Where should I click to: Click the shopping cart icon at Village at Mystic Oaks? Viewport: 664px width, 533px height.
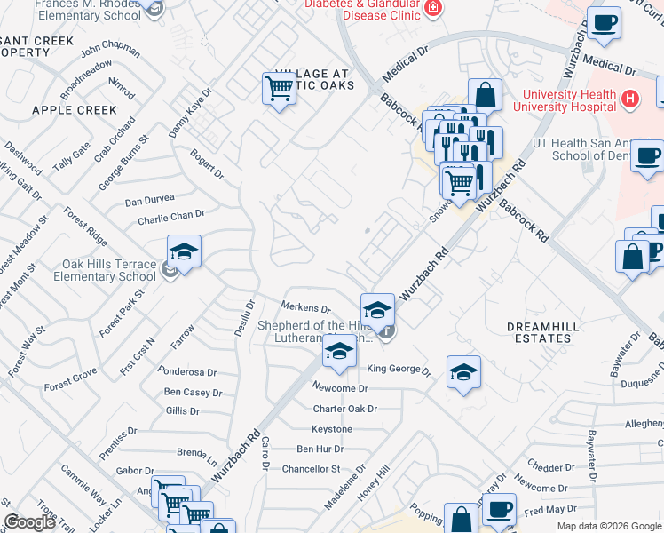click(x=279, y=89)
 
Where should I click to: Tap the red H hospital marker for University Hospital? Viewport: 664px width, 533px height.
click(x=630, y=98)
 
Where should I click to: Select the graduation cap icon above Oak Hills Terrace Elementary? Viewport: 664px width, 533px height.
click(x=184, y=251)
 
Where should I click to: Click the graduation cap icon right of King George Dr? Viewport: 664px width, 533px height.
click(x=462, y=372)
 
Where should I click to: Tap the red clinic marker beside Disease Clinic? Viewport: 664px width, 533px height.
click(x=432, y=9)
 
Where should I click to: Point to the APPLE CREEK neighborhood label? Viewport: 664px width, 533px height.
click(x=74, y=110)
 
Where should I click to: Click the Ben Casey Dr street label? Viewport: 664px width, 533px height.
click(x=193, y=393)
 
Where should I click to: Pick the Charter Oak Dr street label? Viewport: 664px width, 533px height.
click(x=345, y=409)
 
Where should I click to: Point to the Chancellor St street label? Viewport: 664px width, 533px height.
click(x=311, y=468)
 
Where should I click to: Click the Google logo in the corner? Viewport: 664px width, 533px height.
click(x=30, y=521)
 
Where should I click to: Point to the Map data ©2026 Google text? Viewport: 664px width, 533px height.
click(x=608, y=526)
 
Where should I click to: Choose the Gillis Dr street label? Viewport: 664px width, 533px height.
click(x=183, y=410)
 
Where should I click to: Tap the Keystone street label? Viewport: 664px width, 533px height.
click(x=331, y=429)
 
